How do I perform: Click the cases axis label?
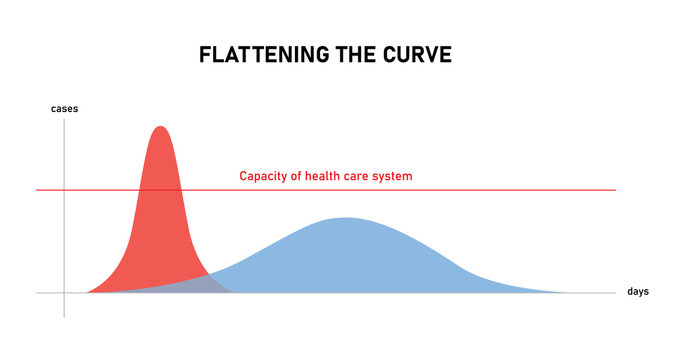click(x=64, y=107)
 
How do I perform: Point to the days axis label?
click(x=638, y=292)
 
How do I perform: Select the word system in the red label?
click(x=392, y=176)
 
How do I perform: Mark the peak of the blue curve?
click(x=345, y=218)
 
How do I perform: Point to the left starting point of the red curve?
click(x=88, y=292)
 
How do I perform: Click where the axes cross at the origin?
click(x=64, y=293)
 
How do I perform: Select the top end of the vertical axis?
click(x=64, y=120)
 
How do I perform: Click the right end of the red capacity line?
click(x=616, y=190)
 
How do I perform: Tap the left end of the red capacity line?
click(x=37, y=190)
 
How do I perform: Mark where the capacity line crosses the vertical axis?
click(x=64, y=190)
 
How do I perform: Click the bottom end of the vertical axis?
click(x=64, y=317)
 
